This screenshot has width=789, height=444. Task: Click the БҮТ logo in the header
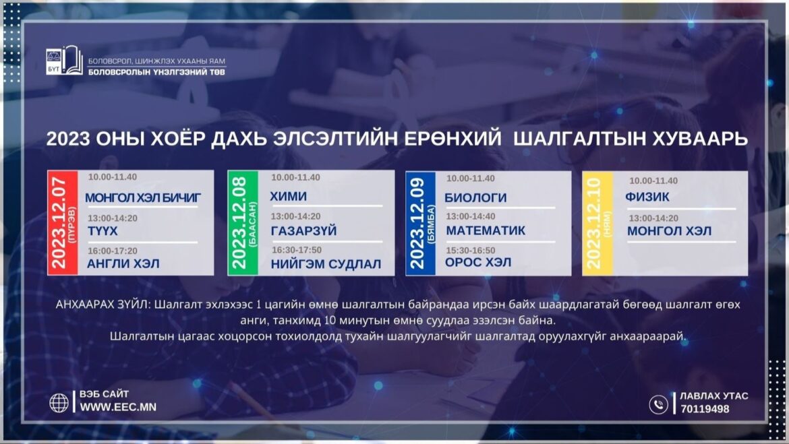click(64, 61)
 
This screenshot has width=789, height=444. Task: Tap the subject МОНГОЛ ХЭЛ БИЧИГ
click(143, 198)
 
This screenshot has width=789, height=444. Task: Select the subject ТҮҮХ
click(103, 231)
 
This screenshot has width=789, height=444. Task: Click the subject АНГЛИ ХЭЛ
click(123, 264)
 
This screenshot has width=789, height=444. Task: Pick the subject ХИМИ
click(289, 196)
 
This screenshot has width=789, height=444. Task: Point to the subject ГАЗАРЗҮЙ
click(304, 231)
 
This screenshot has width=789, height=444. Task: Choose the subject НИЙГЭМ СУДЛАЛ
click(326, 265)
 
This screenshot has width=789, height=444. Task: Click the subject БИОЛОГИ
click(475, 197)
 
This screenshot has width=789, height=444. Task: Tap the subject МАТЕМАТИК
click(486, 230)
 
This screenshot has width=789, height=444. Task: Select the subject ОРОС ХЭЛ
click(478, 263)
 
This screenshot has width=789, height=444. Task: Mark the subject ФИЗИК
click(647, 197)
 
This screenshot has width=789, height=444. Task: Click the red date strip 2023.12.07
click(63, 223)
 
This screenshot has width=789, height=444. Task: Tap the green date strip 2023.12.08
click(243, 223)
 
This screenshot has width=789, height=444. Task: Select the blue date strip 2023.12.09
click(421, 223)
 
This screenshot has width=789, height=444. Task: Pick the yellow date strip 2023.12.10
click(597, 223)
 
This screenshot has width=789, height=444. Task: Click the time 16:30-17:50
click(297, 250)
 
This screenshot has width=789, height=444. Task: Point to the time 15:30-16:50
click(471, 250)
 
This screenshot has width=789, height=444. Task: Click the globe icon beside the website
click(59, 403)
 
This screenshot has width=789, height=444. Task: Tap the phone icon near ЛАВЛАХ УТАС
click(658, 404)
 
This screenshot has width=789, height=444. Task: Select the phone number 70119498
click(705, 410)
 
